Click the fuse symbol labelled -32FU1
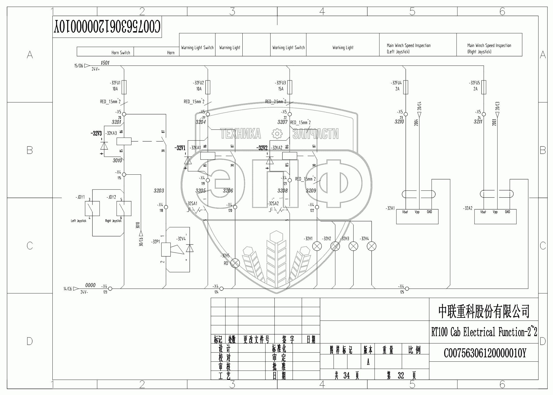pos(124,87)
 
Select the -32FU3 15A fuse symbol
pos(289,87)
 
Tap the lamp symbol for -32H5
pos(235,263)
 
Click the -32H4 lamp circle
pos(372,246)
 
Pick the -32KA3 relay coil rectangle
pos(124,141)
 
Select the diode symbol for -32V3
pos(104,145)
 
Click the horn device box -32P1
pos(166,250)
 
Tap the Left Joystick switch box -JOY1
pos(92,208)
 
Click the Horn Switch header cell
pos(105,52)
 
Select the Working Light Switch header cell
pos(288,48)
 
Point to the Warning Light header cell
pos(229,48)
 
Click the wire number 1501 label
pos(105,63)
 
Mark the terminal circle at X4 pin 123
pos(110,289)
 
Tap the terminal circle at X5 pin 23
pos(406,114)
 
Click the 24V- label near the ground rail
pos(84,292)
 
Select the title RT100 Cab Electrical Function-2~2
pos(484,332)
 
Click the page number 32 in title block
pos(401,375)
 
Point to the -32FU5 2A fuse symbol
pos(484,87)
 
